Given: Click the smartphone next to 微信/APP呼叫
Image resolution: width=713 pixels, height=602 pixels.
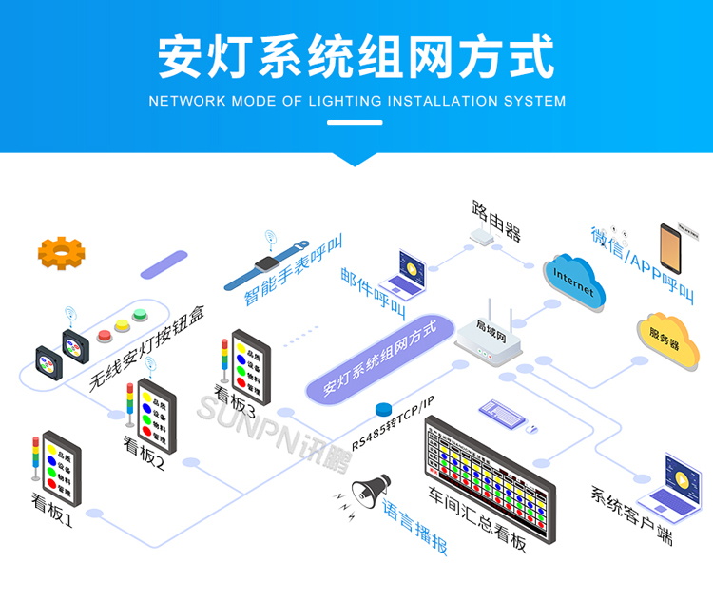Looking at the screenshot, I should tap(676, 249).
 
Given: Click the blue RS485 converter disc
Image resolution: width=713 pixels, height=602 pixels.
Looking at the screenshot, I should tap(384, 409).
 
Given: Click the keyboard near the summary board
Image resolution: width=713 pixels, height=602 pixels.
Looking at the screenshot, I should tap(501, 414).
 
